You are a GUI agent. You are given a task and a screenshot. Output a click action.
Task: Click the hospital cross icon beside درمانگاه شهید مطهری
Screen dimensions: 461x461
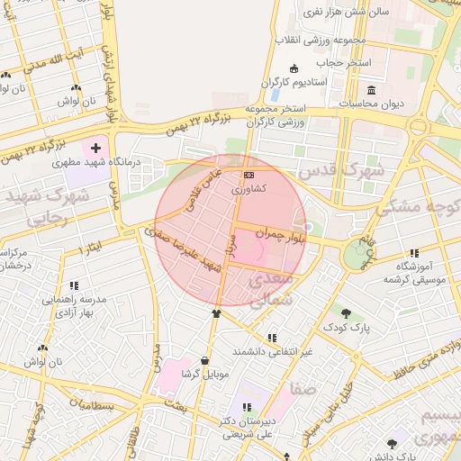[x=95, y=147]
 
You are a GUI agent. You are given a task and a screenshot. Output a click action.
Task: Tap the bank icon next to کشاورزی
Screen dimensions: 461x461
[x=249, y=175]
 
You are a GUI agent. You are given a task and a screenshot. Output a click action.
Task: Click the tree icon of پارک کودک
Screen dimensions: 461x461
[x=346, y=312]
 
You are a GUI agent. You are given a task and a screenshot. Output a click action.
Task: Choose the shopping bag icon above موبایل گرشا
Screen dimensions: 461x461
[x=205, y=359]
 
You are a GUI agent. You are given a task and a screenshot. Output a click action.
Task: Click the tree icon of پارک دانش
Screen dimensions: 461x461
[x=391, y=444]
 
